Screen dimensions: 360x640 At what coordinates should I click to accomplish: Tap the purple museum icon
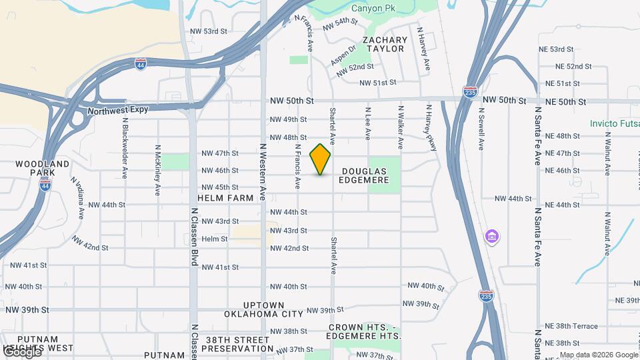click(x=492, y=237)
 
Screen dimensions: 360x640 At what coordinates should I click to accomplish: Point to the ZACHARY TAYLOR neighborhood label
click(x=384, y=45)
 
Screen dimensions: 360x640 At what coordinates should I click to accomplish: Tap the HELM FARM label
click(x=225, y=198)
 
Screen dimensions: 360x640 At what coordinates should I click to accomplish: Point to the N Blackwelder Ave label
click(x=125, y=148)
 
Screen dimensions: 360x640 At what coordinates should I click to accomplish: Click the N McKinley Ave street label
click(x=158, y=170)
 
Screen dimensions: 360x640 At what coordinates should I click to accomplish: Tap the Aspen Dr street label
click(x=343, y=56)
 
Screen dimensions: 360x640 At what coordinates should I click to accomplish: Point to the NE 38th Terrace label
click(x=571, y=327)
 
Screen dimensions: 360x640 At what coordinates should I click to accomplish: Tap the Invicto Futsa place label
click(x=614, y=123)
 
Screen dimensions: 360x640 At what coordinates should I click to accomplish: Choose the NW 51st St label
click(x=378, y=83)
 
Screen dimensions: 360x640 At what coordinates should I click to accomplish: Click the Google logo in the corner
click(x=21, y=352)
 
